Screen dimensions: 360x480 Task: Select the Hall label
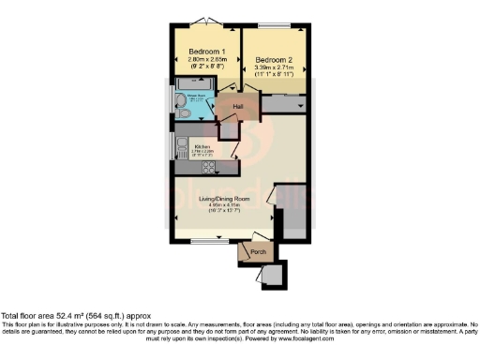pyautogui.click(x=239, y=108)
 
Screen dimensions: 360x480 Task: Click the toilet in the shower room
pyautogui.click(x=182, y=113)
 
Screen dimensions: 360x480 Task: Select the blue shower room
pyautogui.click(x=195, y=105)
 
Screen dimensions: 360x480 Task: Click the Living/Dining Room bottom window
pyautogui.click(x=206, y=242)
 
